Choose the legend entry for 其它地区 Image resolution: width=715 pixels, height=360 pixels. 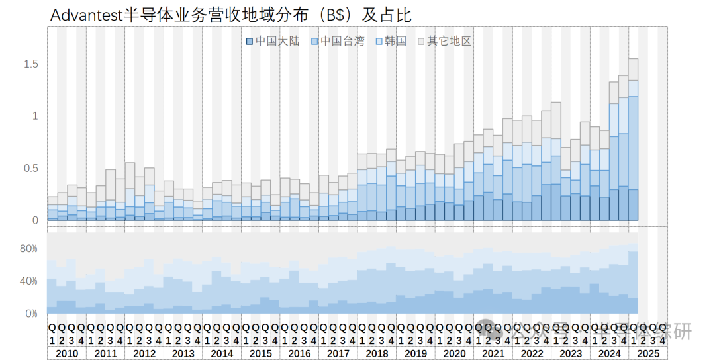tap(445, 41)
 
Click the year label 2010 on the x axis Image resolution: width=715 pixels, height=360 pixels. tap(67, 353)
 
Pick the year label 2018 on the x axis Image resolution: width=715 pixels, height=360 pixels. tap(377, 353)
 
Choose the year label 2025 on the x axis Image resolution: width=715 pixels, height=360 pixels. tap(648, 353)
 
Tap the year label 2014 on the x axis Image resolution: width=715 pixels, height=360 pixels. tap(222, 353)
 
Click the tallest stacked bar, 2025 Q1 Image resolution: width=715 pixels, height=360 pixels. tap(634, 139)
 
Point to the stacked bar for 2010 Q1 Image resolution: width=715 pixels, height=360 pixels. tap(52, 208)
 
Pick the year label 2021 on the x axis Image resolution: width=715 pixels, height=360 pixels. tap(493, 353)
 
